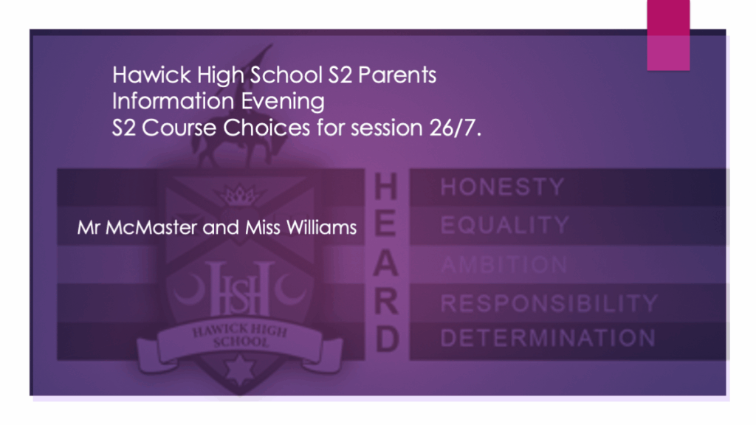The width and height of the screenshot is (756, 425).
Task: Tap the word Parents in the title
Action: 397,75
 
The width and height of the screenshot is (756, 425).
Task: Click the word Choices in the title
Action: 266,128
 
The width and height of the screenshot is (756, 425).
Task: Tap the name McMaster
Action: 151,227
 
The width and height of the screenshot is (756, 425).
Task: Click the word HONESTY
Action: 502,187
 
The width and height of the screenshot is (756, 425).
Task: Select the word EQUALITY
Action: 505,225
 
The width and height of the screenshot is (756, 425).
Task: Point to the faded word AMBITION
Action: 504,265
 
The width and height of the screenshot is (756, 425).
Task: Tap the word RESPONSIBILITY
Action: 549,303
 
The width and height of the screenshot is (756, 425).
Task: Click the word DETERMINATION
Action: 548,338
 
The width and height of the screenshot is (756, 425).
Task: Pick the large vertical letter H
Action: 385,187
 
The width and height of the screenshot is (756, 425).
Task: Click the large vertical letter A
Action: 385,263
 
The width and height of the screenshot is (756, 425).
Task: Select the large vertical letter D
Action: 387,339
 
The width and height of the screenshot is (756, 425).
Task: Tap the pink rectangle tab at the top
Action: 668,35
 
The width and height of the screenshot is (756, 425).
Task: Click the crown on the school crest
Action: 240,195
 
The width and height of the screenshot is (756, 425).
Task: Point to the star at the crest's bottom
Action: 240,370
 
